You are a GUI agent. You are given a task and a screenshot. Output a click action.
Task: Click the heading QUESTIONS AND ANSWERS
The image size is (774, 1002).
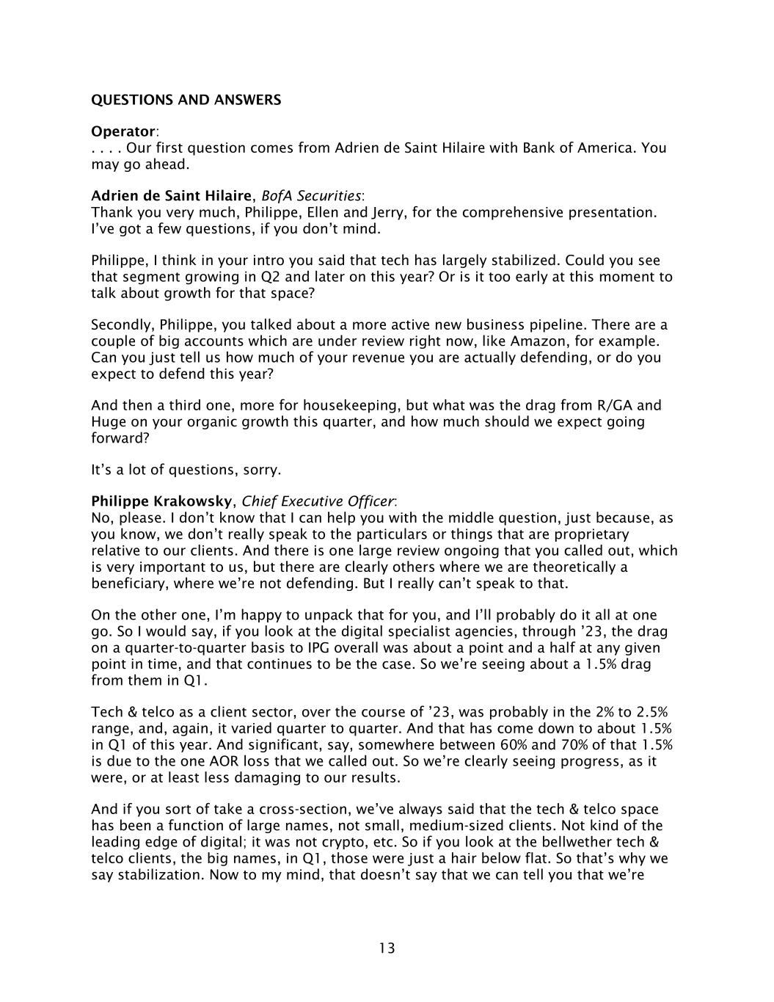click(186, 100)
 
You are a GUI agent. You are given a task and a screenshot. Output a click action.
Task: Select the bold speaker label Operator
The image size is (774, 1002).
click(123, 131)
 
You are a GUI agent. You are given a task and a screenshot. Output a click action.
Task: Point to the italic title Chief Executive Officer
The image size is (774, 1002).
click(318, 501)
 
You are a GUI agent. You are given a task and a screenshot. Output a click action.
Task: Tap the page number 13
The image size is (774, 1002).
click(387, 948)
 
